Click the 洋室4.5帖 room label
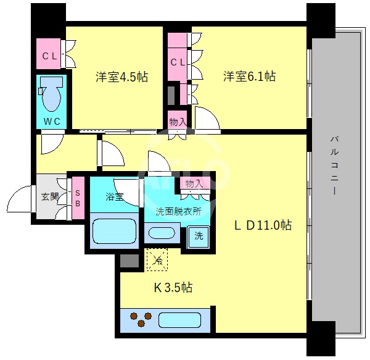tap(121, 77)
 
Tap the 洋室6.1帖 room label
tap(249, 77)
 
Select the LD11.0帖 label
tap(261, 225)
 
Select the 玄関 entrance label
tap(49, 198)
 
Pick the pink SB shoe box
tap(78, 198)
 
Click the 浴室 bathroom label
tap(114, 198)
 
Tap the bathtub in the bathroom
tap(113, 231)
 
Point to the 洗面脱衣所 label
tap(178, 211)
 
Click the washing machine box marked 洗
tap(199, 236)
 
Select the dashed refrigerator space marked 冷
tap(156, 260)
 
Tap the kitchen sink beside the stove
tap(178, 320)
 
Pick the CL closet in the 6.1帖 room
tap(178, 62)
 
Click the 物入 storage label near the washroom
tap(194, 184)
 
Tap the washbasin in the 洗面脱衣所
tap(162, 233)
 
